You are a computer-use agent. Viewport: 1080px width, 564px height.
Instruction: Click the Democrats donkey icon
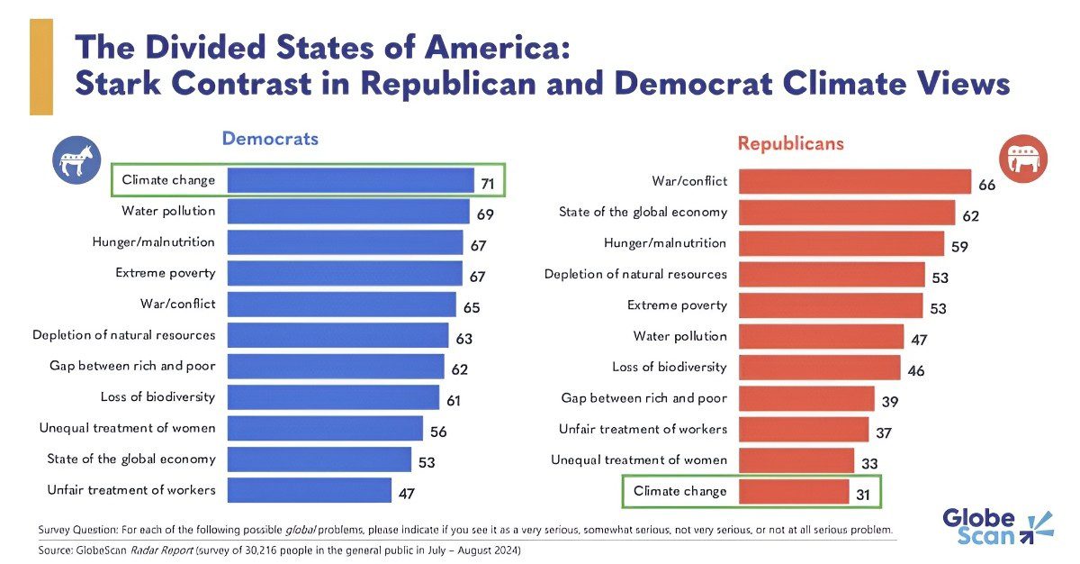[x=76, y=160]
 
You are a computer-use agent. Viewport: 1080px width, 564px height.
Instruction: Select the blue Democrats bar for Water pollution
[x=347, y=212]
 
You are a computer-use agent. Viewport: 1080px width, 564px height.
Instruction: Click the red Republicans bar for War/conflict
[x=854, y=182]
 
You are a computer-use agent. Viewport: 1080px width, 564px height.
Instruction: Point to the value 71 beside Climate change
[x=488, y=184]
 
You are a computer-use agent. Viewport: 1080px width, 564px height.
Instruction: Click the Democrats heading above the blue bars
[x=270, y=139]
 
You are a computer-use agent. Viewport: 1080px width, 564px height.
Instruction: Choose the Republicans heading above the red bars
[x=791, y=143]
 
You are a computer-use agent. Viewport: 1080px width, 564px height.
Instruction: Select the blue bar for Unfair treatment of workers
[x=309, y=490]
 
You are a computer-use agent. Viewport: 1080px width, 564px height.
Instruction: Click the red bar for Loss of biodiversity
[x=819, y=368]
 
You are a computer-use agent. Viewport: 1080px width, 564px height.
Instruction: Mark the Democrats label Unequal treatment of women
[x=128, y=428]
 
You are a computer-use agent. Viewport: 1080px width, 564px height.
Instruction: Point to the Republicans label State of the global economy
[x=643, y=213]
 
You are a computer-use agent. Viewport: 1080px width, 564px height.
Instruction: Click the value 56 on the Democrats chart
[x=438, y=432]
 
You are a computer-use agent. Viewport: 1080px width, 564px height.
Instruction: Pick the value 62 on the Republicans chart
[x=970, y=216]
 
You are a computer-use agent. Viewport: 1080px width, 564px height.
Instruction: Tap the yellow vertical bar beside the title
[x=41, y=67]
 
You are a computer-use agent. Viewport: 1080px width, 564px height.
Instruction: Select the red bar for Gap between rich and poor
[x=806, y=398]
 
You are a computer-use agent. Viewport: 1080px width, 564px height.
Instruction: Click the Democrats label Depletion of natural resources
[x=124, y=335]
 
